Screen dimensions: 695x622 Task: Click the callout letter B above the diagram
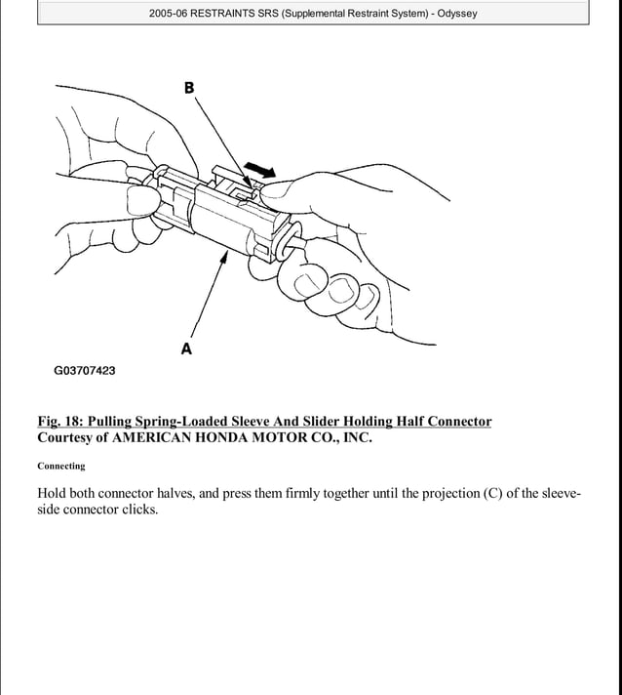click(189, 88)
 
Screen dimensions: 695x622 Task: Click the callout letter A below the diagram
click(186, 348)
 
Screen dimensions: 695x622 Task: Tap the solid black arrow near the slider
click(255, 173)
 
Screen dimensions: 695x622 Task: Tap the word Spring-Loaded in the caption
click(177, 422)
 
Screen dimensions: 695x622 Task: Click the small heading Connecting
click(61, 467)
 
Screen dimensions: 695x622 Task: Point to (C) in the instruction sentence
click(497, 493)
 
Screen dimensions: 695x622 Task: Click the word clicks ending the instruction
click(137, 511)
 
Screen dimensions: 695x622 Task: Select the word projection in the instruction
click(448, 493)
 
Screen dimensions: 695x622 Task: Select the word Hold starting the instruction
click(53, 493)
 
